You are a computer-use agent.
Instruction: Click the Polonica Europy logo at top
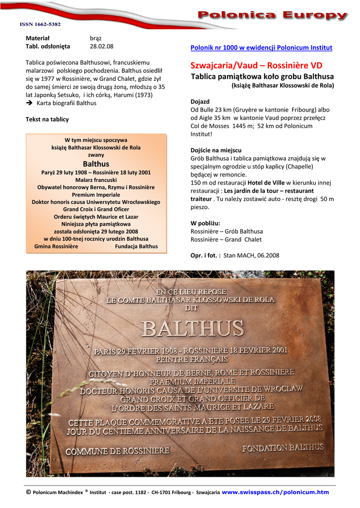272,16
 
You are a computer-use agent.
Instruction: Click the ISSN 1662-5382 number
40,24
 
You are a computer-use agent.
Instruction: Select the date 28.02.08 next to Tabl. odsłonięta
101,46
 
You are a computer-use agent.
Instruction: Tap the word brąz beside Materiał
95,38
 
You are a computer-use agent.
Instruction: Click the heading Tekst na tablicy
47,119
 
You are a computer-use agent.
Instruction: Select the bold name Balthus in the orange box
96,164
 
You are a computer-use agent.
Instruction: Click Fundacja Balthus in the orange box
136,246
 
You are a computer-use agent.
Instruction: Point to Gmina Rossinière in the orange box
56,246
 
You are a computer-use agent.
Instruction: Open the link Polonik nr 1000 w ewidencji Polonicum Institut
261,48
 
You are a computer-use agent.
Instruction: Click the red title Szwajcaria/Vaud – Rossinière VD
256,65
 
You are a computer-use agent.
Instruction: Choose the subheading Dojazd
200,101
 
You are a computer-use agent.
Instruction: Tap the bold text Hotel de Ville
266,183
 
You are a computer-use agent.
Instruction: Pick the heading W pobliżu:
206,223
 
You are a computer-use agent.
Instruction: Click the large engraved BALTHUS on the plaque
193,328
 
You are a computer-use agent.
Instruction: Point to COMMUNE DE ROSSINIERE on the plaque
118,451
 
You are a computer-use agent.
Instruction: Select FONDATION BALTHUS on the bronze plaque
283,447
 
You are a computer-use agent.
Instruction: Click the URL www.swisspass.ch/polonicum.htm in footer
275,492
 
